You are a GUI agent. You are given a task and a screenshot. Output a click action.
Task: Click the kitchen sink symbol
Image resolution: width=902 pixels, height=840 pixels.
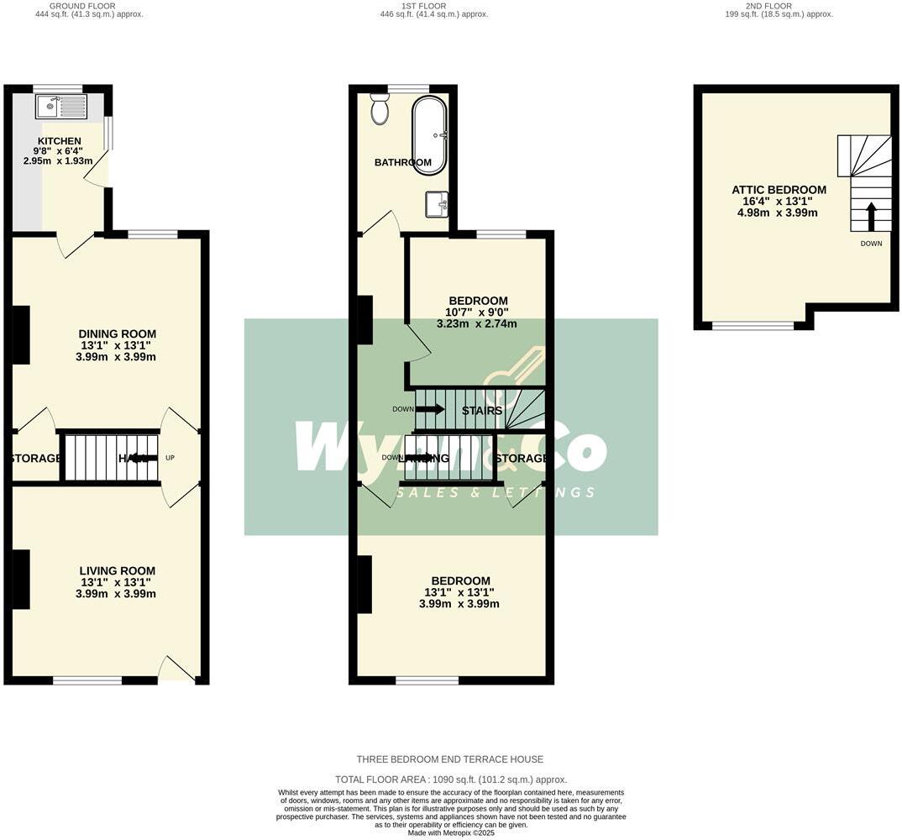coord(61,107)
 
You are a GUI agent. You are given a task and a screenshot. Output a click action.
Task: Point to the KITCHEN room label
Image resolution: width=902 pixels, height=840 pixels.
coord(60,141)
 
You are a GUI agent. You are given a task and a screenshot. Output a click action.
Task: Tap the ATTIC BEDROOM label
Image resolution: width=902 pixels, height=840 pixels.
coord(779,190)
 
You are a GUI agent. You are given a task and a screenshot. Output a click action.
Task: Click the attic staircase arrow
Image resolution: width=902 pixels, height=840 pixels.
coord(871,216)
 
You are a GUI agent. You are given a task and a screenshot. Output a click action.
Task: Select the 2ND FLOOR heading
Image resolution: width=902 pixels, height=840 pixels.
coord(779,6)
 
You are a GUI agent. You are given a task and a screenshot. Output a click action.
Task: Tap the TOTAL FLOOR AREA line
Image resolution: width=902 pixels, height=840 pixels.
coord(451,780)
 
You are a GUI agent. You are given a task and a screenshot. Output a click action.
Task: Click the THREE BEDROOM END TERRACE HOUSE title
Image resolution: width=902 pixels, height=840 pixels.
coord(450,759)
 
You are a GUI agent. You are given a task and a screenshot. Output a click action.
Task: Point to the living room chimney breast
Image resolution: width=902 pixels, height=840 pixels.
coord(21,579)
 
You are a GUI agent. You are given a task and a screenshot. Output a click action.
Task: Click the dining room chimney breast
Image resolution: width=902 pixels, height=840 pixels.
coord(21,335)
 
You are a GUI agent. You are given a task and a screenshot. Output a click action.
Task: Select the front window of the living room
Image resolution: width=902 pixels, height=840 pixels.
coord(87,680)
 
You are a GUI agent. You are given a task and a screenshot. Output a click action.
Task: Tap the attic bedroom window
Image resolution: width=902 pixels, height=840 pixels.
coord(753,325)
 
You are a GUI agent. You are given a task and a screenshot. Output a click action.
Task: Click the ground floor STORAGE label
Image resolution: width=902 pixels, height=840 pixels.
coord(35,459)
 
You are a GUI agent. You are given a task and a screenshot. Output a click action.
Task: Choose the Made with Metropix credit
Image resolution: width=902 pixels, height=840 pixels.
coord(451,832)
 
